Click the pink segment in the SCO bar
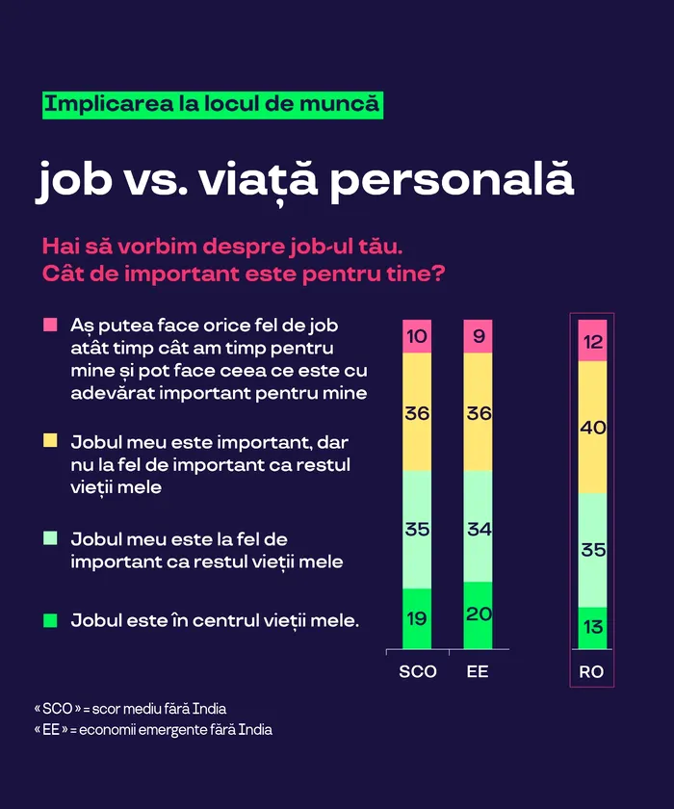[x=417, y=336]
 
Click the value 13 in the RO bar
[x=592, y=628]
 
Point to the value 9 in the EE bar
[x=478, y=336]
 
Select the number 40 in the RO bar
[x=592, y=427]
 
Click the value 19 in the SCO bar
[x=417, y=618]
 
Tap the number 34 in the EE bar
[x=478, y=528]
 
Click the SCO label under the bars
[x=417, y=671]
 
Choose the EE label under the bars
[x=478, y=671]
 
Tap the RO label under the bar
[x=592, y=671]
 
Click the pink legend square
[x=50, y=326]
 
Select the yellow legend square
[x=50, y=441]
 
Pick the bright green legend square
[x=50, y=620]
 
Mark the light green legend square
[x=50, y=539]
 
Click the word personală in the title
[x=452, y=180]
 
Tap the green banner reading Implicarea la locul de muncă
[x=212, y=104]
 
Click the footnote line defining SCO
[x=130, y=709]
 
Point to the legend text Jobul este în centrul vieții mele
[x=215, y=620]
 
